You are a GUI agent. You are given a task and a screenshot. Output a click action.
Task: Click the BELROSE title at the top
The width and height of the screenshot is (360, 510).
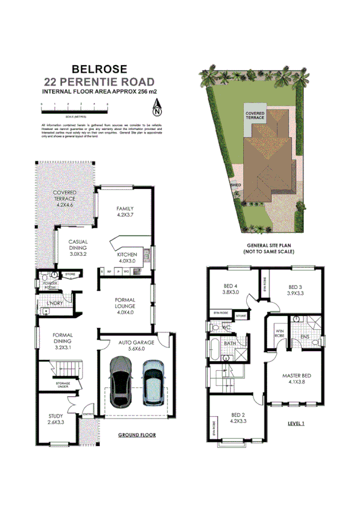pyautogui.click(x=99, y=69)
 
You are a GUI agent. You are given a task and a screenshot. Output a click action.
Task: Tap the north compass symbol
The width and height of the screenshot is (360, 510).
pyautogui.click(x=157, y=110)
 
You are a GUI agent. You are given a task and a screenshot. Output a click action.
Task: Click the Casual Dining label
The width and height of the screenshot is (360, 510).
pyautogui.click(x=78, y=247)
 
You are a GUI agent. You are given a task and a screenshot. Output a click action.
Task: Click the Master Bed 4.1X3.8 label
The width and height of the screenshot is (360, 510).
pyautogui.click(x=296, y=378)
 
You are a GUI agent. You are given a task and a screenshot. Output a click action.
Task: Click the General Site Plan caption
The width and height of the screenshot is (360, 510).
pyautogui.click(x=270, y=249)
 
